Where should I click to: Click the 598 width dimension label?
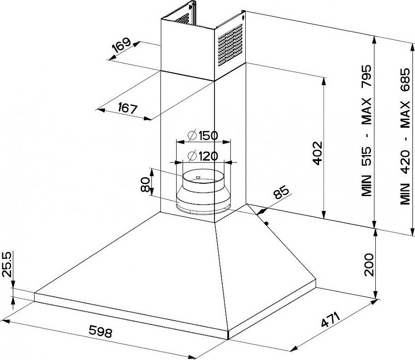tap(101, 331)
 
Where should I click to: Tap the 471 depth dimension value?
tap(330, 320)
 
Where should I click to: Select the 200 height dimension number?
tap(369, 265)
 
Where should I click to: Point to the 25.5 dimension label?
tap(7, 264)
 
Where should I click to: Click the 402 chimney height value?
tap(318, 153)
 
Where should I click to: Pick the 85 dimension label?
tap(281, 192)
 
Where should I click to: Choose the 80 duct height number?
tap(146, 185)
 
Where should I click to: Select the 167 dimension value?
tap(128, 108)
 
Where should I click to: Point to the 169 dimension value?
tap(121, 45)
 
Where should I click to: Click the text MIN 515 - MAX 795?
tap(367, 130)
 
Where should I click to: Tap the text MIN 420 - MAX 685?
tap(405, 136)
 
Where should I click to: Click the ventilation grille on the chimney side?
tap(230, 45)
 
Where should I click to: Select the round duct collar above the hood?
tap(203, 191)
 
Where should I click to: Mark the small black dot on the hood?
tap(267, 223)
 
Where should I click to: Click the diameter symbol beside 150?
tap(192, 135)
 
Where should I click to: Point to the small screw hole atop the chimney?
tap(243, 18)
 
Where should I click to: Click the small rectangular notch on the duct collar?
tap(198, 177)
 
